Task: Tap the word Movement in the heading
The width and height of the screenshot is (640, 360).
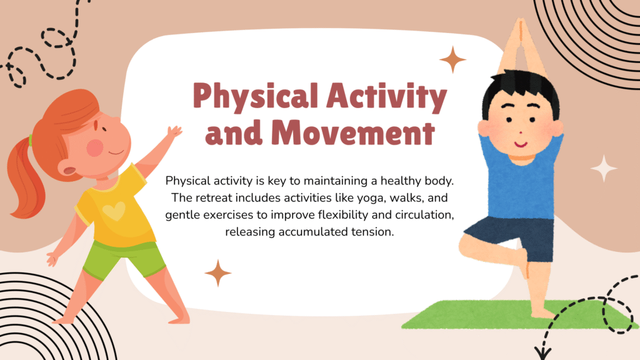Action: pyautogui.click(x=352, y=132)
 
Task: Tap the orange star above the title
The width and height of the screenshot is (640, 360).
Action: pyautogui.click(x=452, y=59)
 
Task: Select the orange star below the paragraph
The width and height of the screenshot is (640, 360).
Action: pyautogui.click(x=218, y=272)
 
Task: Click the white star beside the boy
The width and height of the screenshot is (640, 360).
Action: pyautogui.click(x=604, y=168)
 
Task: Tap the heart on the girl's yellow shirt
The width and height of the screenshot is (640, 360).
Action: pyautogui.click(x=114, y=211)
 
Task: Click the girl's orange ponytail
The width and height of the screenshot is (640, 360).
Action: pyautogui.click(x=24, y=179)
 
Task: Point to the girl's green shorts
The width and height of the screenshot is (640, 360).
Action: pyautogui.click(x=123, y=259)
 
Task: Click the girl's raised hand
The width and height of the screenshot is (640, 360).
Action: pyautogui.click(x=175, y=132)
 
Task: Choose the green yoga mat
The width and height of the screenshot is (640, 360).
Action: pyautogui.click(x=518, y=315)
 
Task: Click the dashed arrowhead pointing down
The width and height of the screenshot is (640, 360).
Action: pyautogui.click(x=543, y=352)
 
